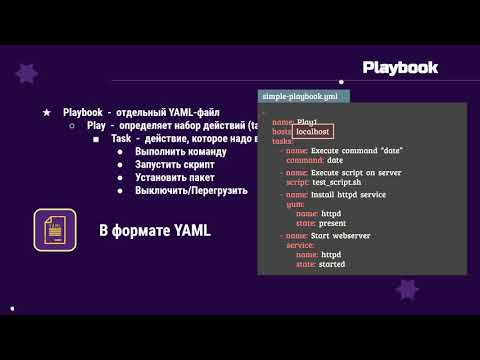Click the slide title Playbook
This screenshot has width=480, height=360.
[x=400, y=67]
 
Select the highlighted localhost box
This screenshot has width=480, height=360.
[x=313, y=131]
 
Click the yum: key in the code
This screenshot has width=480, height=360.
[x=295, y=204]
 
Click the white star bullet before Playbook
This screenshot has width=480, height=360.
[x=47, y=113]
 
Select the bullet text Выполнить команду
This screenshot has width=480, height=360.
[x=180, y=152]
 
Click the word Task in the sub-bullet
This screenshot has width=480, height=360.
[x=121, y=139]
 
